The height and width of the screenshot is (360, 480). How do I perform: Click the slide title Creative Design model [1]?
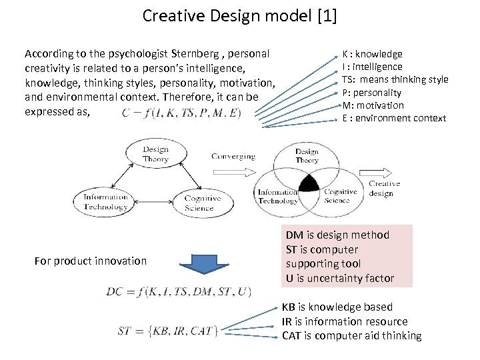pos(240,15)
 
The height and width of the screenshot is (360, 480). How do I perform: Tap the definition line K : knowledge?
pos(372,54)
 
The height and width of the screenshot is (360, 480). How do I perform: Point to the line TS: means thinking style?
pos(395,79)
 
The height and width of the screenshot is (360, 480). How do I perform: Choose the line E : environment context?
pos(393,118)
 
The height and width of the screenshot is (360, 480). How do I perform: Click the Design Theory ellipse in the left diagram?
pos(155,155)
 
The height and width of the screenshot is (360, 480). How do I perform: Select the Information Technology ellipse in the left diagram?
pos(105,201)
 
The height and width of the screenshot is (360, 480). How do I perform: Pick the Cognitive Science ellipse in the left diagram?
pos(202,203)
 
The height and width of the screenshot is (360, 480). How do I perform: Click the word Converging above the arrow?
pos(233,157)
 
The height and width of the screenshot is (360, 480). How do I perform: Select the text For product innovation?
pos(90,261)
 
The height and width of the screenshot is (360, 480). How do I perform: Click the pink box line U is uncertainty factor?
pos(340,278)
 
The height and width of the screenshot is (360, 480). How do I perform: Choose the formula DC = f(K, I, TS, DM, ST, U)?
pos(179,292)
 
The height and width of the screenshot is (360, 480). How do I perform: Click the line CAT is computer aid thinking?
pos(351,335)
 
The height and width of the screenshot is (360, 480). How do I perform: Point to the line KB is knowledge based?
pos(337,307)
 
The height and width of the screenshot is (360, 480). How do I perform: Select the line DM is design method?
pos(337,235)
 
